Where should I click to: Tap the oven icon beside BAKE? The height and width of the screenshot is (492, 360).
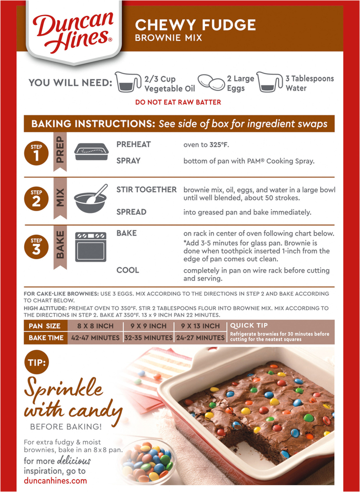pyautogui.click(x=90, y=246)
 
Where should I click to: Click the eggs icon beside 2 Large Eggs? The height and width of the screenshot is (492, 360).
pyautogui.click(x=210, y=83)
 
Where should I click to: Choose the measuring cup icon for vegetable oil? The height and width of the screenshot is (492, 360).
pyautogui.click(x=128, y=83)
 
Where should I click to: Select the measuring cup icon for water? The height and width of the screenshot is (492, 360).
pyautogui.click(x=270, y=83)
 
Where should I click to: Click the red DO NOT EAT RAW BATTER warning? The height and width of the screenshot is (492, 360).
pyautogui.click(x=178, y=102)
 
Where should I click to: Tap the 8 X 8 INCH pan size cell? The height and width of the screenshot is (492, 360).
pyautogui.click(x=95, y=326)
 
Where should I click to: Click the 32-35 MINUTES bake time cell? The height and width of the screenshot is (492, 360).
pyautogui.click(x=148, y=338)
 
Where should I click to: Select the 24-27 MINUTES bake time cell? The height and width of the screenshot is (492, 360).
pyautogui.click(x=200, y=338)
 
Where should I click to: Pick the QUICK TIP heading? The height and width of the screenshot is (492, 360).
pyautogui.click(x=249, y=326)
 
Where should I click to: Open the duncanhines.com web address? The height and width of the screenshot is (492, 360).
pyautogui.click(x=55, y=481)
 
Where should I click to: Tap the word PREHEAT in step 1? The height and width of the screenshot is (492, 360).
pyautogui.click(x=133, y=144)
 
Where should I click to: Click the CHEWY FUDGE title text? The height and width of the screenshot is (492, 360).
pyautogui.click(x=196, y=25)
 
